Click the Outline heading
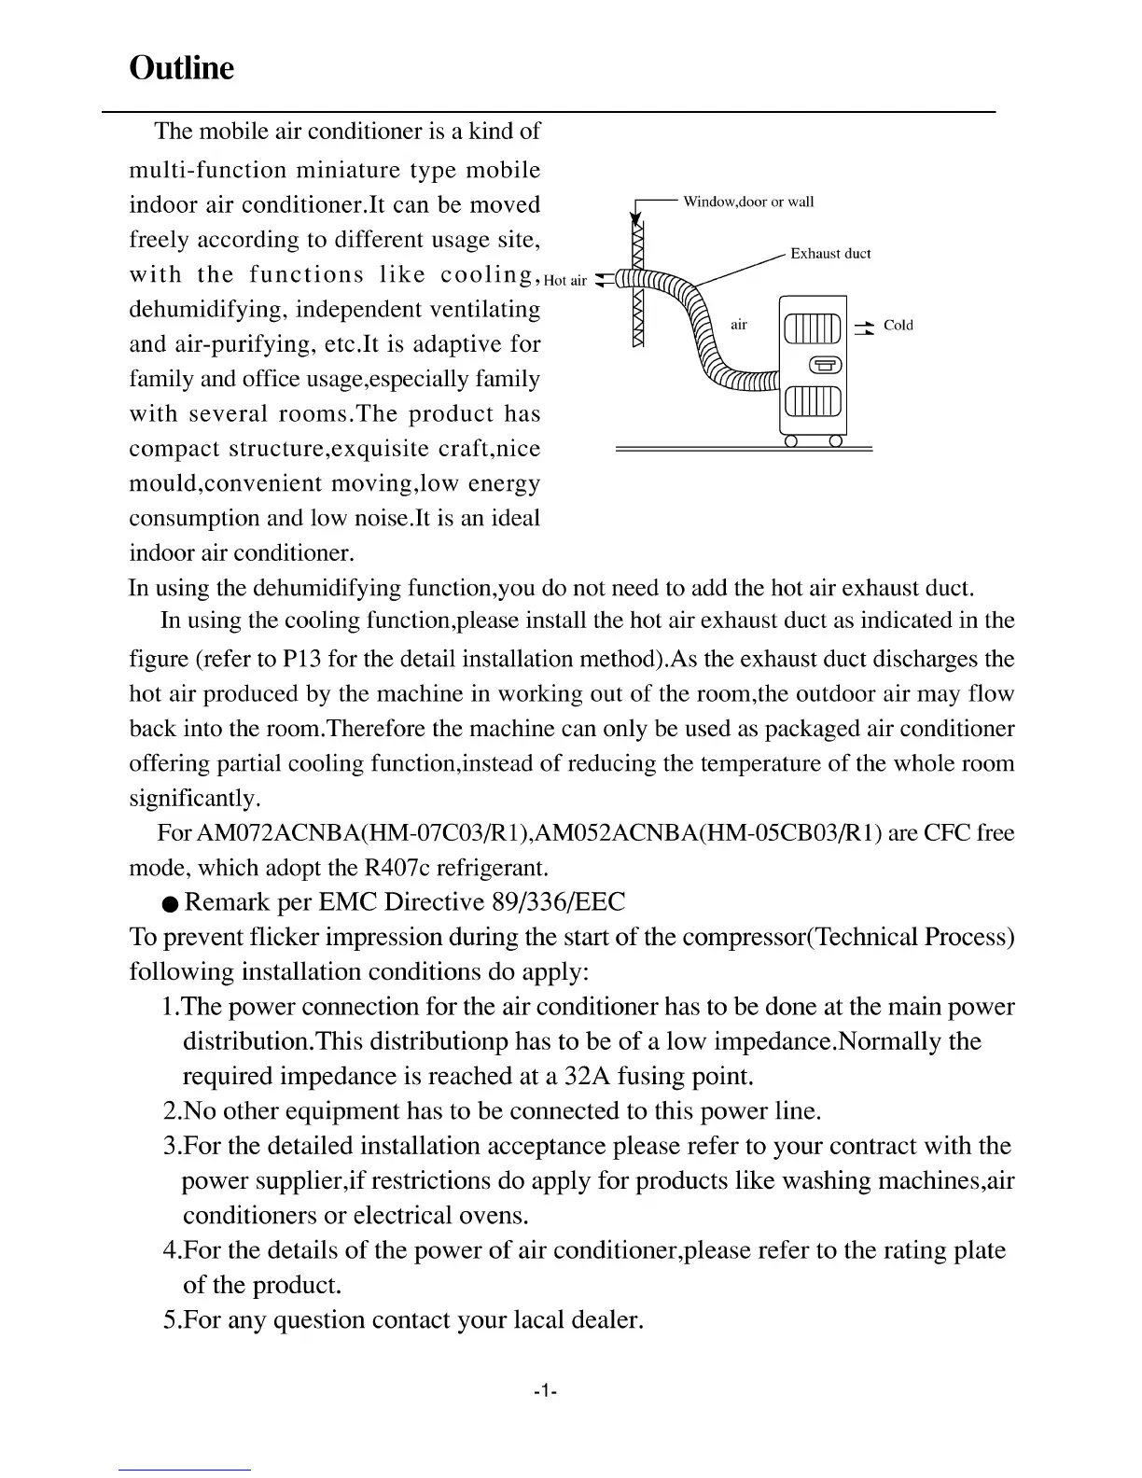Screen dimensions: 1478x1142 [x=181, y=68]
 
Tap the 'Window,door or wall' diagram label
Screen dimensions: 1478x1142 [x=748, y=202]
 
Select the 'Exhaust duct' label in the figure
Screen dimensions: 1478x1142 [x=830, y=254]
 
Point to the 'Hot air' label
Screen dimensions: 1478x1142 [x=565, y=280]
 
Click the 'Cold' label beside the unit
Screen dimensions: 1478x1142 [x=898, y=326]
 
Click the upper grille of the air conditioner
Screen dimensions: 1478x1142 [x=814, y=328]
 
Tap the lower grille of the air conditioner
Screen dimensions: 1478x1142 [x=814, y=402]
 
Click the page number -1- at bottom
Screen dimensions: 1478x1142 [x=545, y=1391]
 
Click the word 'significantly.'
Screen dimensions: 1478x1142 [x=194, y=800]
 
